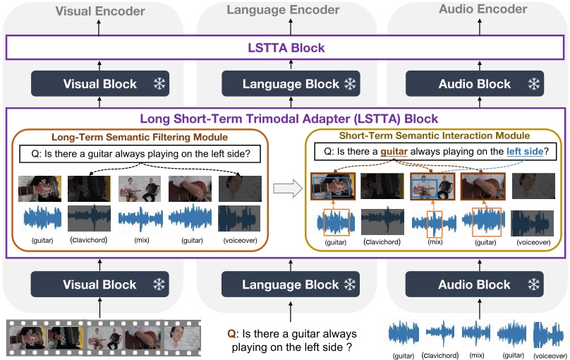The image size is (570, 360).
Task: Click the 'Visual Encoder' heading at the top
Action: click(99, 11)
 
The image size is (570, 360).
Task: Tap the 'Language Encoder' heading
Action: click(284, 11)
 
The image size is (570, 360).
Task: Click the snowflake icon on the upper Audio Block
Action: click(535, 84)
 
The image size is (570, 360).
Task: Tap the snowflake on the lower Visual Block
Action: click(160, 284)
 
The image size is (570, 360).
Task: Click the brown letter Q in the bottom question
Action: click(231, 334)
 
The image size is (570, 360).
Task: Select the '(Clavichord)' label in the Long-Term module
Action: click(88, 240)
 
